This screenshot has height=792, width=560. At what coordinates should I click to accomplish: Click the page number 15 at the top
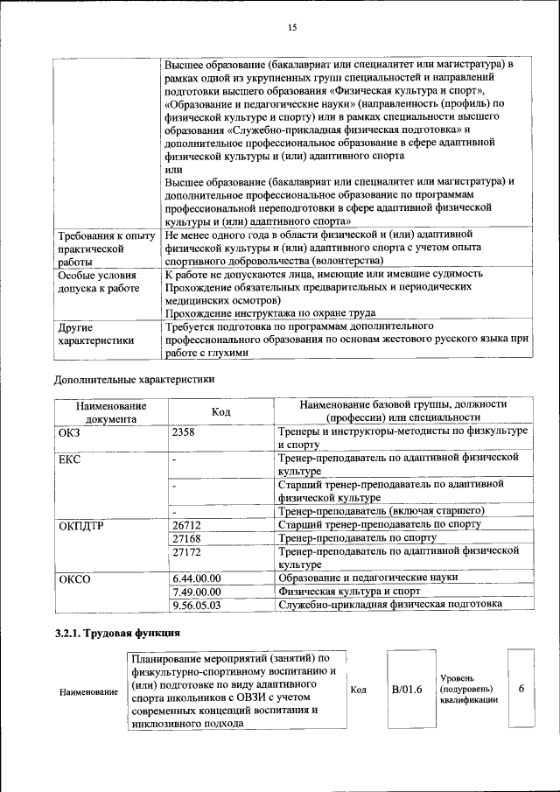click(292, 28)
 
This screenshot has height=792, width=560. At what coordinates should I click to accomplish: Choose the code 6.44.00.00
click(197, 578)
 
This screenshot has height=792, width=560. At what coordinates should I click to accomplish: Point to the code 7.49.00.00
click(197, 592)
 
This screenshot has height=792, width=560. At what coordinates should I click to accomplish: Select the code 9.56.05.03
click(197, 605)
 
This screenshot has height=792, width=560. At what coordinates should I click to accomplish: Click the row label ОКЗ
click(69, 432)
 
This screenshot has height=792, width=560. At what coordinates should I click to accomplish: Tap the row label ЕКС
click(69, 458)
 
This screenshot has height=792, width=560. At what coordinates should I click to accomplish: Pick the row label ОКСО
click(73, 578)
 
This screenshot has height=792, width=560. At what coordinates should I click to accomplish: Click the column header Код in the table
click(220, 412)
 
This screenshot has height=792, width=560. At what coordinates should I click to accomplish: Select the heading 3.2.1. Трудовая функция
click(117, 632)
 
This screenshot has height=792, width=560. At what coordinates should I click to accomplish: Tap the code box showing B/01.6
click(407, 690)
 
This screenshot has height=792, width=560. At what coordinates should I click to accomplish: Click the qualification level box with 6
click(521, 690)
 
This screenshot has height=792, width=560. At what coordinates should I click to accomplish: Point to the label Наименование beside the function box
click(88, 691)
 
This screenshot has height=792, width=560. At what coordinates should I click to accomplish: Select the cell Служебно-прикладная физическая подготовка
click(389, 605)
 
